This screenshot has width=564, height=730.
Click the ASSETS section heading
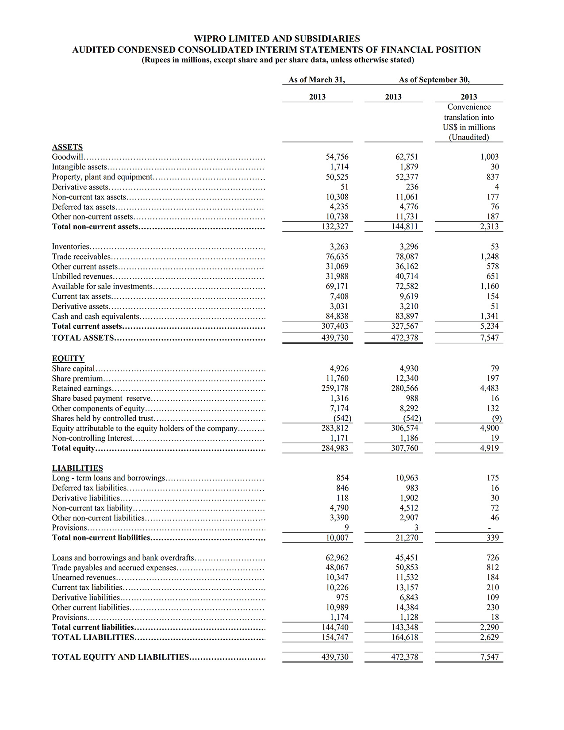[67, 147]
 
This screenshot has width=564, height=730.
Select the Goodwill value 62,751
[407, 157]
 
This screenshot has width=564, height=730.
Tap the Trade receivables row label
[81, 257]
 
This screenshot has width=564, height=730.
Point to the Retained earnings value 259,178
[335, 388]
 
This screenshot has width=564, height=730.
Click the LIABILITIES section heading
[77, 468]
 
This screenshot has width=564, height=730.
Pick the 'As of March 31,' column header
[317, 80]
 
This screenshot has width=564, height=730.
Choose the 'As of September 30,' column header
[434, 80]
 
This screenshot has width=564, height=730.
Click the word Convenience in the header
[469, 107]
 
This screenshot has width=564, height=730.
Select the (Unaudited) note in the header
[469, 137]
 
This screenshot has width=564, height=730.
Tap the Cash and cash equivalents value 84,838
[337, 316]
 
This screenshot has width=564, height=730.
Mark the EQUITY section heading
[68, 358]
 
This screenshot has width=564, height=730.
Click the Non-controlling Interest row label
[92, 438]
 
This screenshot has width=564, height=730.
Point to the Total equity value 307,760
[404, 448]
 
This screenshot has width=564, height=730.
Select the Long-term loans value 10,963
[407, 478]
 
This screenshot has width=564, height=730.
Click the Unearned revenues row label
[84, 577]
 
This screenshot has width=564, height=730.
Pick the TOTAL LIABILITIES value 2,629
[489, 637]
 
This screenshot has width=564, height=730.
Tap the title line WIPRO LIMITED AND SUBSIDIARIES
[276, 39]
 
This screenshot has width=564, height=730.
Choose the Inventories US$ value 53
[495, 247]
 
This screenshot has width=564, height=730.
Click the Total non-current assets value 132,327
[335, 227]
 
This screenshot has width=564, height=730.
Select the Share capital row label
[73, 369]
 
